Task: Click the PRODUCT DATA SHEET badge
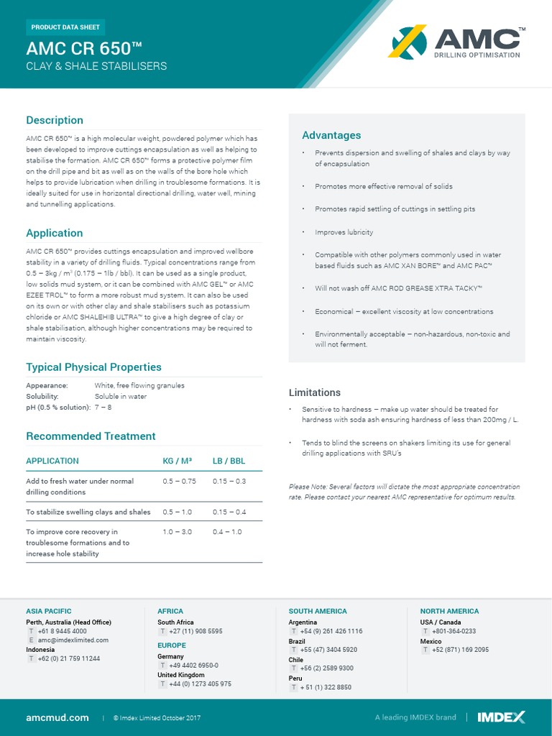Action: point(66,27)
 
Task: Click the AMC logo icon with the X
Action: point(408,42)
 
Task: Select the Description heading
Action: point(55,120)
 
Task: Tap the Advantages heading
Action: point(331,135)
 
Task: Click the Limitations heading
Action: point(315,392)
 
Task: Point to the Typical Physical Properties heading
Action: point(93,367)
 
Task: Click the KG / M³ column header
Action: point(177,461)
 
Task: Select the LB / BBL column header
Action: point(229,461)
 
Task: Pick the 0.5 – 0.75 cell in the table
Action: point(179,482)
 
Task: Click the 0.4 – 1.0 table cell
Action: point(227,532)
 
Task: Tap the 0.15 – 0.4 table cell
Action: point(229,512)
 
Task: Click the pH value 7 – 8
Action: point(103,407)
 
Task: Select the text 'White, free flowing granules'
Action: point(139,385)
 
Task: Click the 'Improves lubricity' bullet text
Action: point(344,232)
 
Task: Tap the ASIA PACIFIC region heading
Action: point(49,611)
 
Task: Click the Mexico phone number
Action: point(460,650)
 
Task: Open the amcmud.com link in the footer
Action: point(57,717)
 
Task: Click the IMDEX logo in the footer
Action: point(501,717)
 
